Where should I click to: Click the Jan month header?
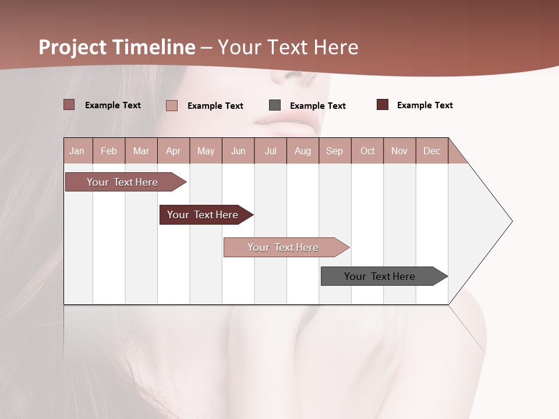pos(77,151)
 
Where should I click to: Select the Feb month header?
pos(109,151)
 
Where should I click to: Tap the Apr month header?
pos(174,151)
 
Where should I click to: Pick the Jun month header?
pos(238,151)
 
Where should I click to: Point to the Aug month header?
pos(303,151)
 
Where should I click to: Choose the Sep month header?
pos(335,151)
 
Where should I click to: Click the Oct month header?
pos(367,151)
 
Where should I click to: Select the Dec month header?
pos(432,151)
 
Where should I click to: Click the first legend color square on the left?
pos(69,105)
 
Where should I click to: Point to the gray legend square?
pos(275,105)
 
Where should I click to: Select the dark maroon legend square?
pos(383,105)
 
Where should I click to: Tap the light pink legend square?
pos(172,105)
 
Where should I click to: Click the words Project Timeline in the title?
pos(117,47)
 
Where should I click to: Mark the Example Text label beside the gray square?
pos(318,106)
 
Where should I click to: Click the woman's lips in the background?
pos(286,122)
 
